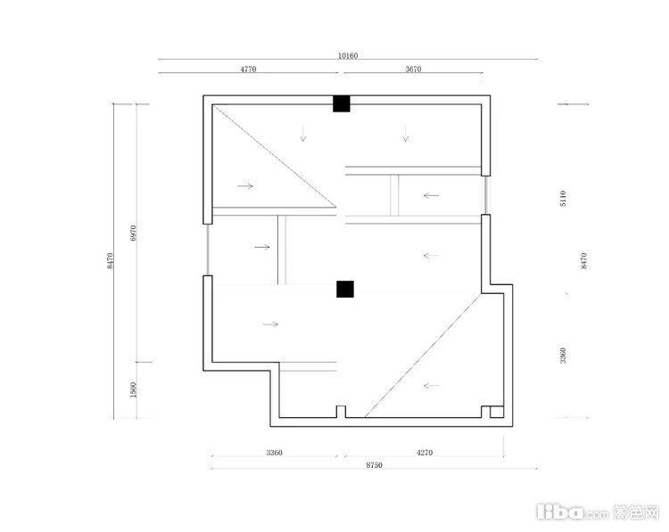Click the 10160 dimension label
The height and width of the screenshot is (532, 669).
click(x=348, y=55)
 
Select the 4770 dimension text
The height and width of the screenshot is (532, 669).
click(x=248, y=69)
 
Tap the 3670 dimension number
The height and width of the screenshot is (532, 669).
click(x=413, y=69)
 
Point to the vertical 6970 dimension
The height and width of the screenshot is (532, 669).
click(x=133, y=233)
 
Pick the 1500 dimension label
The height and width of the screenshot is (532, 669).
click(x=133, y=389)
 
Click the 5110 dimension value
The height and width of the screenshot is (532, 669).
click(x=563, y=199)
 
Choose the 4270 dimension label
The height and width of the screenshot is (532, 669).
click(x=425, y=453)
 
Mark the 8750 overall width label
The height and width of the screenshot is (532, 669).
click(x=374, y=465)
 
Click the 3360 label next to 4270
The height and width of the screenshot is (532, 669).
click(x=274, y=453)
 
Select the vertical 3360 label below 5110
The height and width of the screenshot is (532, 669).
click(x=563, y=356)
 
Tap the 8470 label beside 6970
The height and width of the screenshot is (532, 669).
click(x=110, y=260)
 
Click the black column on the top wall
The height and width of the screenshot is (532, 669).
click(x=342, y=103)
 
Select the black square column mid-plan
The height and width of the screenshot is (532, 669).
click(x=345, y=289)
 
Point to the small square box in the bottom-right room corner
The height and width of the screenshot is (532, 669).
click(x=497, y=413)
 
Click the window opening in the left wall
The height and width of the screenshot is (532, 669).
click(x=207, y=250)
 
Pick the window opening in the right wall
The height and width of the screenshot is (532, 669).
click(x=485, y=195)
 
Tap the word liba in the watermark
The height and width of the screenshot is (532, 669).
click(x=560, y=512)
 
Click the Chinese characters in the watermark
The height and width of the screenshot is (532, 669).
click(x=637, y=512)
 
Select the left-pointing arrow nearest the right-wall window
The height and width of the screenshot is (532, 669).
click(x=432, y=196)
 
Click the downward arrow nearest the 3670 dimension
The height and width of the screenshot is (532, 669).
click(x=405, y=134)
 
